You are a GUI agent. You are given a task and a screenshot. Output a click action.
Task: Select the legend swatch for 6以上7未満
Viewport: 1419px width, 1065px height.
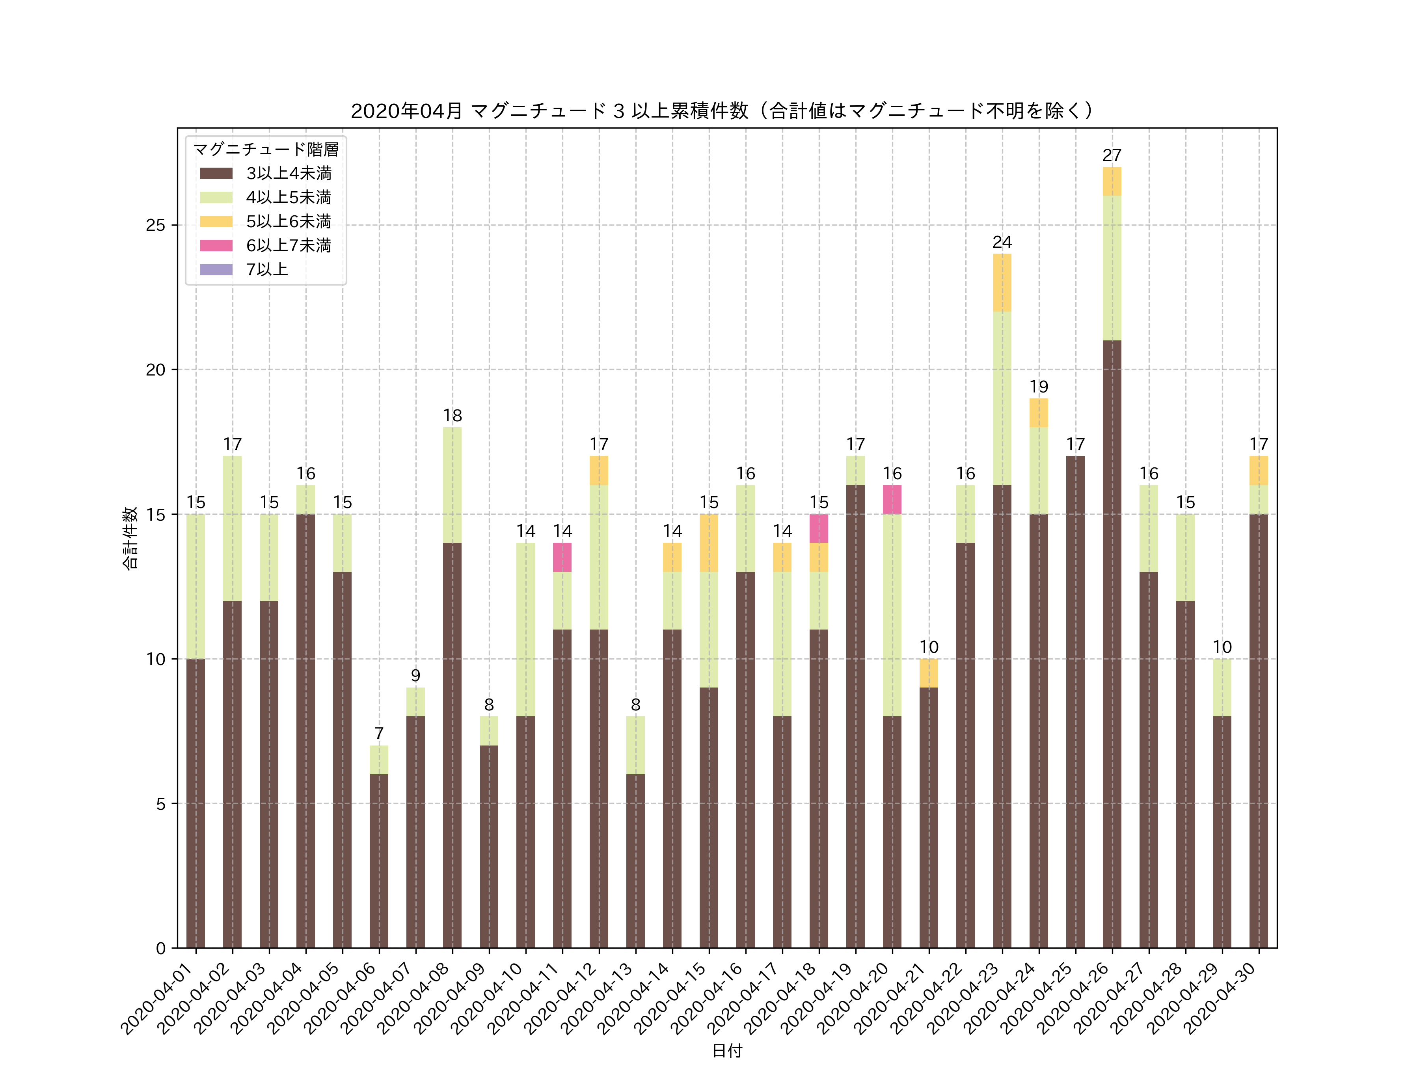216,245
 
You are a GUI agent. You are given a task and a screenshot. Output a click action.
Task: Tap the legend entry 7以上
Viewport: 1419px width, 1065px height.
267,270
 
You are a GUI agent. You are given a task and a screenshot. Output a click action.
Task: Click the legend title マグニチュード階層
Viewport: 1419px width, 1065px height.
266,149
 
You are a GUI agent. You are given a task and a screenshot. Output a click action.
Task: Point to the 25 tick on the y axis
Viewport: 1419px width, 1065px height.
155,225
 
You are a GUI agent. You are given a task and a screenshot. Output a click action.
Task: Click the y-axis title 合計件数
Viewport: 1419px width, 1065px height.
130,538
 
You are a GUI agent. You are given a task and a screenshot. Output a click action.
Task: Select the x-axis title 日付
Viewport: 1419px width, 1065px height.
727,1050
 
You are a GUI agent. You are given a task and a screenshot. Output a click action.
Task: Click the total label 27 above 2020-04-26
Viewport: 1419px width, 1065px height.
1112,155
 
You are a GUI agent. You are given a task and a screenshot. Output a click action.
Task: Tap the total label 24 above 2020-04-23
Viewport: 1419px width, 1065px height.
1002,242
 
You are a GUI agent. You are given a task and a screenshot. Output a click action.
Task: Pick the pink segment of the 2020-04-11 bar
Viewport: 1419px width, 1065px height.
562,557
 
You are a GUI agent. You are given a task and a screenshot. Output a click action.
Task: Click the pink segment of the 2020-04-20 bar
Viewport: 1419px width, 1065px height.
892,499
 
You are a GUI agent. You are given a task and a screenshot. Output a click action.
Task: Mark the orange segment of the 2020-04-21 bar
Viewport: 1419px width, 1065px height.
928,673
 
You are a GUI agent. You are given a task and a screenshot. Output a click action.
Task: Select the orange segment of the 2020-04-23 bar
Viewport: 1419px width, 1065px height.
1002,282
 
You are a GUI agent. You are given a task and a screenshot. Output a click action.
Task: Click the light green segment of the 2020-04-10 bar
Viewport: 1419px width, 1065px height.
525,629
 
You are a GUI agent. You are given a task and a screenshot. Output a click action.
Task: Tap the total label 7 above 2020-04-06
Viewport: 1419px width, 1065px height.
378,733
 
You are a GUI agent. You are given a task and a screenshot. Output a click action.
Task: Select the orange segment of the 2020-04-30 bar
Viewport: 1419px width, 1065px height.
1259,471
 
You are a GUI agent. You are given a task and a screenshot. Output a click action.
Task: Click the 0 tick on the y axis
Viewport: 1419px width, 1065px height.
160,948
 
